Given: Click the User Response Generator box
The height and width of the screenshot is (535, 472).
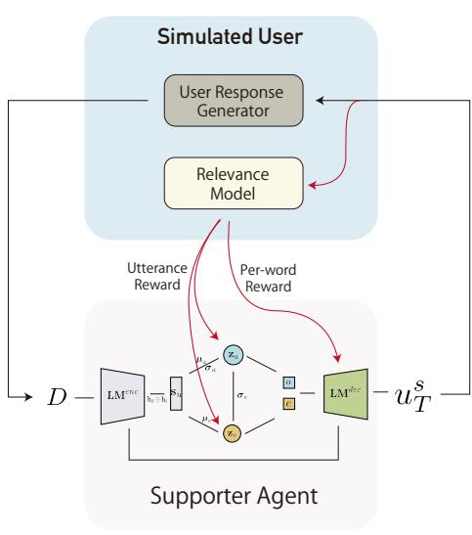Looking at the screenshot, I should pos(236,98).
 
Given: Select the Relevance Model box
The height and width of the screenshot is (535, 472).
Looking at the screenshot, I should pos(236,183).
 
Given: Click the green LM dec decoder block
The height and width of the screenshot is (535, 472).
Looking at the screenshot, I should pos(345,399).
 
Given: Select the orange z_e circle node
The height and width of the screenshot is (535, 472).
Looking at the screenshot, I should pos(234,430).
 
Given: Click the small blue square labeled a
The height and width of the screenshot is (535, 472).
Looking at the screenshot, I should pos(288,382).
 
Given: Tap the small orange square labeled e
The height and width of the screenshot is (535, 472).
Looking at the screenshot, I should pos(288,403).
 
